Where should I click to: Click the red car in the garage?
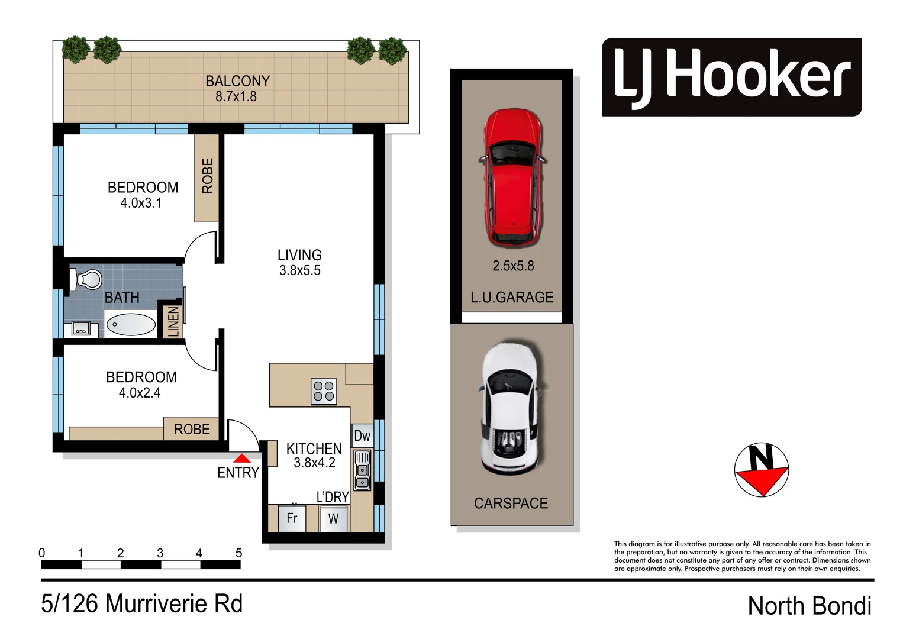[x=512, y=177]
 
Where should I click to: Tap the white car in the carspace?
[x=510, y=408]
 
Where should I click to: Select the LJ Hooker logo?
[x=731, y=78]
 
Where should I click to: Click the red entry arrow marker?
[x=241, y=458]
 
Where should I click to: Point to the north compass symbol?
[x=762, y=470]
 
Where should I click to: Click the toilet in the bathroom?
[x=86, y=279]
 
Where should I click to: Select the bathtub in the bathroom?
[x=130, y=325]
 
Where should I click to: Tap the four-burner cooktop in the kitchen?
[x=324, y=392]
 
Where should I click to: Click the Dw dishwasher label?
[x=362, y=437]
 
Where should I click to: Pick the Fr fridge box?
[x=292, y=519]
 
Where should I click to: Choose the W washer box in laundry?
[x=334, y=519]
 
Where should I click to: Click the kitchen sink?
[x=362, y=470]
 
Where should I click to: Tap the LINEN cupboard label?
[x=173, y=321]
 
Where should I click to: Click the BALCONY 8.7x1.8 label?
[x=237, y=89]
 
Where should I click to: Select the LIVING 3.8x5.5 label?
[x=300, y=263]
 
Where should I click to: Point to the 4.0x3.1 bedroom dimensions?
[x=141, y=203]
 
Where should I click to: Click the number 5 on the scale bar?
[x=239, y=553]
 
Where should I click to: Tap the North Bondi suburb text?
[x=809, y=606]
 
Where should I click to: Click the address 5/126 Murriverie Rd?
[x=142, y=604]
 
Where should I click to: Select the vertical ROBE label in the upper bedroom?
[x=208, y=176]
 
